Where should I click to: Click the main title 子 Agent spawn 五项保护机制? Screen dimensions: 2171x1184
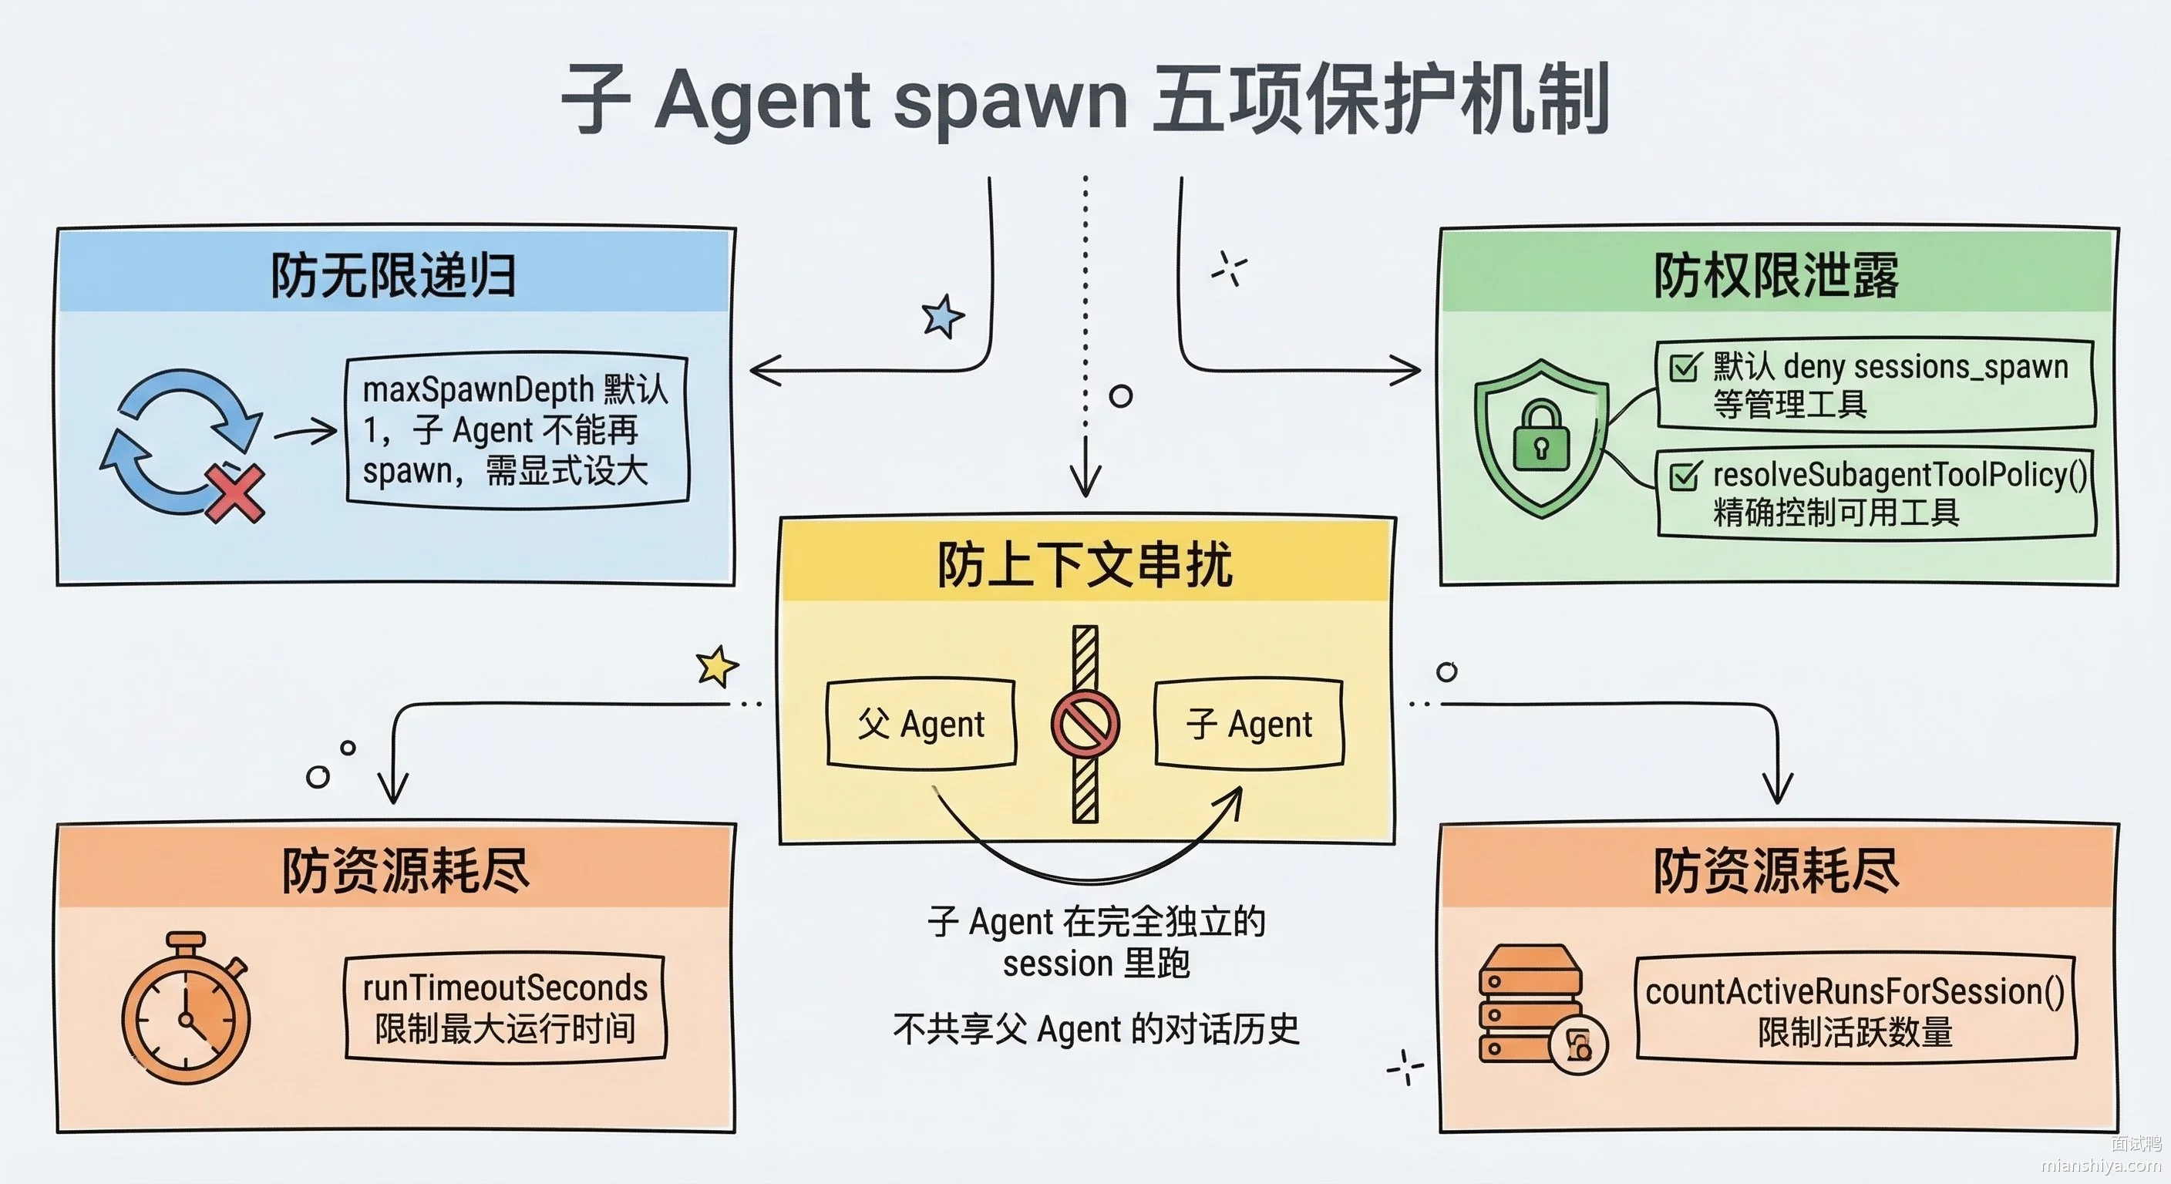coord(1085,99)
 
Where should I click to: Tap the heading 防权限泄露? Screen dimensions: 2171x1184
coord(1776,274)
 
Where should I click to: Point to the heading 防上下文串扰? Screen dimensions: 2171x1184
coord(1085,563)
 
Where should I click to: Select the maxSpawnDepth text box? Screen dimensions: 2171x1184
coord(517,430)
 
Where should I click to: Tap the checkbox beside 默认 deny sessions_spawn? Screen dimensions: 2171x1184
coord(1685,368)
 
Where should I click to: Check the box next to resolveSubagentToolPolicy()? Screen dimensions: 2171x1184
coord(1685,476)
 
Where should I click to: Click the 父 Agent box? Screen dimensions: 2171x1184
coord(921,724)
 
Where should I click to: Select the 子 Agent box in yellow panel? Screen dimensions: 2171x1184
coord(1249,724)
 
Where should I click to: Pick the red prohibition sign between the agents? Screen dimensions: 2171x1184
coord(1085,724)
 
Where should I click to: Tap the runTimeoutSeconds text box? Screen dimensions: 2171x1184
coord(505,1008)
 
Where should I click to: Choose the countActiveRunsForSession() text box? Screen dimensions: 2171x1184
coord(1856,1009)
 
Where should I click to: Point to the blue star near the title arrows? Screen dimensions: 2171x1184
coord(943,316)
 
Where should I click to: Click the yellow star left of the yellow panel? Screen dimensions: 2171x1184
coord(717,667)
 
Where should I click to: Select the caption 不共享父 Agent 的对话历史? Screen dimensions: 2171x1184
coord(1096,1029)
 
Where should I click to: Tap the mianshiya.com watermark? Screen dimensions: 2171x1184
coord(2101,1165)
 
